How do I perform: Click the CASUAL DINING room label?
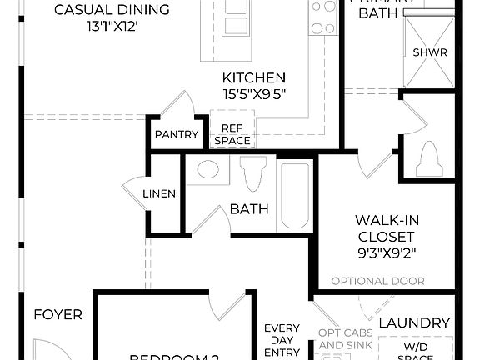[112, 10]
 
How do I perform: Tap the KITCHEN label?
[254, 77]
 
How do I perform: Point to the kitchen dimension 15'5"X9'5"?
[254, 95]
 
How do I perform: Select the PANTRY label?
[177, 135]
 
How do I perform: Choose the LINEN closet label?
[159, 193]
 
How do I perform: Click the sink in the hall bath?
[207, 171]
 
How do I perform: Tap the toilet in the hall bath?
[252, 174]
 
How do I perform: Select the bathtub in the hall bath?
[294, 195]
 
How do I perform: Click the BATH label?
[249, 208]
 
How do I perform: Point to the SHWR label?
[430, 52]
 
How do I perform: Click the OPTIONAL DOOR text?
[377, 281]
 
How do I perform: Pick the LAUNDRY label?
[414, 322]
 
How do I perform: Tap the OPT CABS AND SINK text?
[341, 339]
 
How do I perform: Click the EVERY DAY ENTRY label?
[282, 340]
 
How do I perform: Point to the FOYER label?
[57, 314]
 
